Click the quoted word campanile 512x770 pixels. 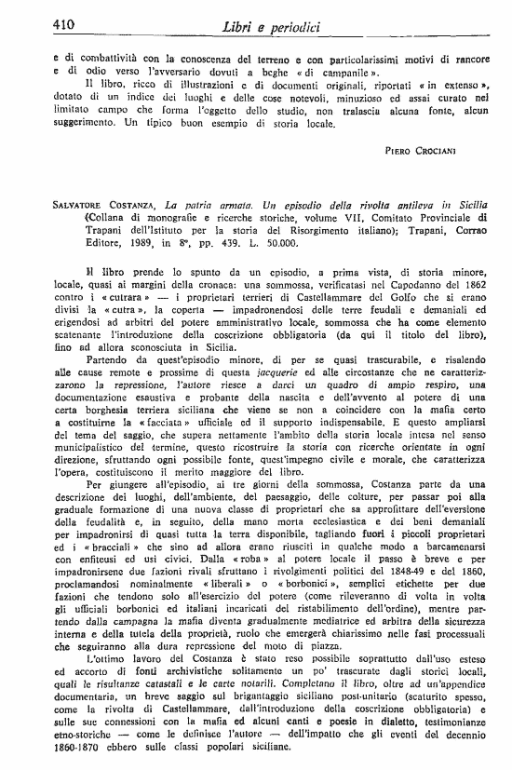tap(333, 71)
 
